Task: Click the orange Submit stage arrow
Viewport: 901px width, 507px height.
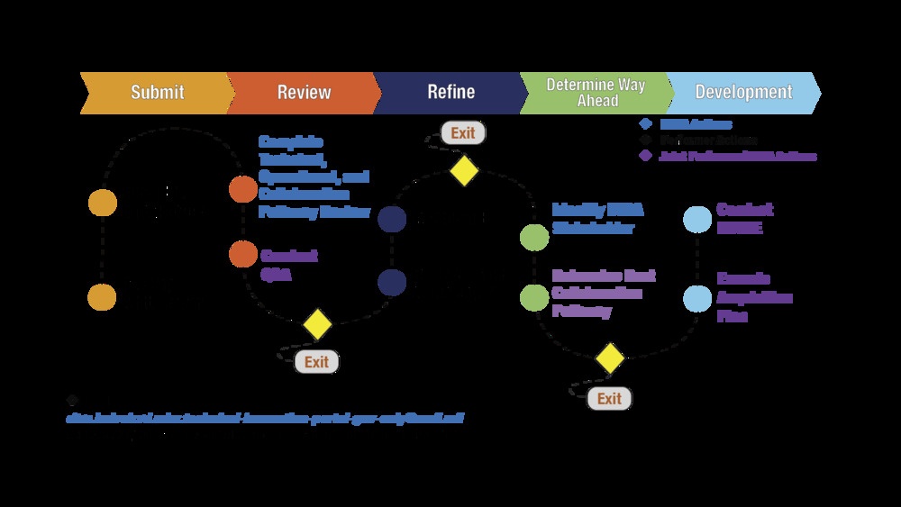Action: pos(155,92)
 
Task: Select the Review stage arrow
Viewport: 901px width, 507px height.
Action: pos(303,92)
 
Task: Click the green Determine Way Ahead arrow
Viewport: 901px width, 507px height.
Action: pos(596,92)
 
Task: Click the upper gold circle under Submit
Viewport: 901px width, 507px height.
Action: pos(103,204)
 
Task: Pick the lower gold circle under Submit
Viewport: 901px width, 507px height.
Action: pos(103,297)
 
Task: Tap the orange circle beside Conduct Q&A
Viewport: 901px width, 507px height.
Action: pos(243,255)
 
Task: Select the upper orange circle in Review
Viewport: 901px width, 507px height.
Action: pos(243,190)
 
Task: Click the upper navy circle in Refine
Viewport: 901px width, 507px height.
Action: pos(392,219)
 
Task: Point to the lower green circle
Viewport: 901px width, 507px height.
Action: pos(534,296)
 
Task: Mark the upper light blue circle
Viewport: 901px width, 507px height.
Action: pos(697,220)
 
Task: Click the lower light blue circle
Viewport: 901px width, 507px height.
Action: pos(697,298)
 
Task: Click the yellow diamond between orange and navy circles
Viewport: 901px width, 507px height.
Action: pos(317,324)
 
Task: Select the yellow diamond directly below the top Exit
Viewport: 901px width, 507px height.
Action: pos(463,170)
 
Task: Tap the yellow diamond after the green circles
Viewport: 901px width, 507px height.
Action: pos(610,358)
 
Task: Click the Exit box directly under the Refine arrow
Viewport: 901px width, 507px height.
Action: pos(463,133)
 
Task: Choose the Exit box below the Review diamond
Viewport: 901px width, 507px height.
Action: pos(317,362)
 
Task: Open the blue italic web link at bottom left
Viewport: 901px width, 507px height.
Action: pos(265,419)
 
